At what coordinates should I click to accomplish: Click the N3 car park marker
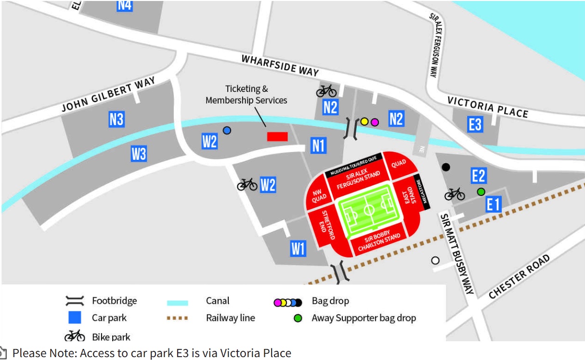coord(117,119)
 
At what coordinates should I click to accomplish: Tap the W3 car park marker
coord(139,154)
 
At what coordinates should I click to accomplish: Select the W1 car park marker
coord(298,248)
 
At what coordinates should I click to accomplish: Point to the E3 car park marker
coord(475,125)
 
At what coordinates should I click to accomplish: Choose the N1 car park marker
coord(318,145)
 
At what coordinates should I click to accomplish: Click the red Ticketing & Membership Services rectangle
coord(277,137)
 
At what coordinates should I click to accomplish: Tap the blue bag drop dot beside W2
coord(227,130)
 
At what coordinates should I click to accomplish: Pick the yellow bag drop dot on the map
coord(364,122)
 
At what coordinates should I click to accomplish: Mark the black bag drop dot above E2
coord(446,167)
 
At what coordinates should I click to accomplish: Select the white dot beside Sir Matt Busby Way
coord(435,260)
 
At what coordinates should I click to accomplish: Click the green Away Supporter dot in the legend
coord(298,318)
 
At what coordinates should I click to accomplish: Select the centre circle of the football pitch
coord(369,210)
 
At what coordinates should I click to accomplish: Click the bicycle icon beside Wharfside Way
coord(326,90)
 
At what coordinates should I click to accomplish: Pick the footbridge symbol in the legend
coord(75,301)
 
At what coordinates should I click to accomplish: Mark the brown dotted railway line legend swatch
coord(177,318)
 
